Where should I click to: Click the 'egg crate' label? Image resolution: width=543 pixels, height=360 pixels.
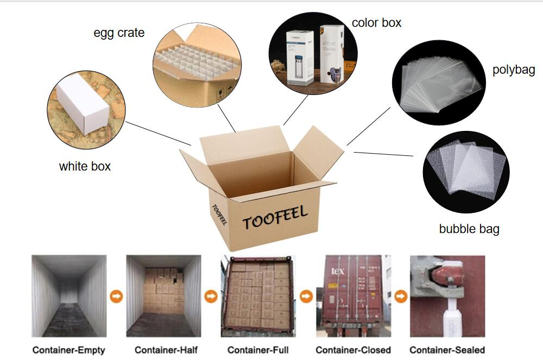click(x=119, y=33)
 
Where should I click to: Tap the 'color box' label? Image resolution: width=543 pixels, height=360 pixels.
click(x=376, y=23)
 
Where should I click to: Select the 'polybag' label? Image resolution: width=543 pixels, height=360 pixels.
click(x=514, y=70)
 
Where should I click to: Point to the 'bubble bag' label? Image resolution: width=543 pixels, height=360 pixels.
click(x=469, y=229)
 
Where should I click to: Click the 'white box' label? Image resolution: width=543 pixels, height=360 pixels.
click(x=85, y=166)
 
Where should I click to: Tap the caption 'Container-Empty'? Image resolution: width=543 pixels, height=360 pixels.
click(x=69, y=350)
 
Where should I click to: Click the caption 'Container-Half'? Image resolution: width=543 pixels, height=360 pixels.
click(x=163, y=350)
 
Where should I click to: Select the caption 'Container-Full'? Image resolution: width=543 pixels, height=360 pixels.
click(x=258, y=350)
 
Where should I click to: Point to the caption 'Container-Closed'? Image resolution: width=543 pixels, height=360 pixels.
click(x=353, y=350)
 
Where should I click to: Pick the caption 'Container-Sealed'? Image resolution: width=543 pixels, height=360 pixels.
click(x=447, y=350)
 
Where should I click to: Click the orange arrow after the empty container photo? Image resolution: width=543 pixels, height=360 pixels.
click(x=116, y=296)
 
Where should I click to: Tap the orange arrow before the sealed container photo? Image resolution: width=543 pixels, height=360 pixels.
click(x=401, y=296)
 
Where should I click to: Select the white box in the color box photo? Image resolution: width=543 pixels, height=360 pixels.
click(x=299, y=57)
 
